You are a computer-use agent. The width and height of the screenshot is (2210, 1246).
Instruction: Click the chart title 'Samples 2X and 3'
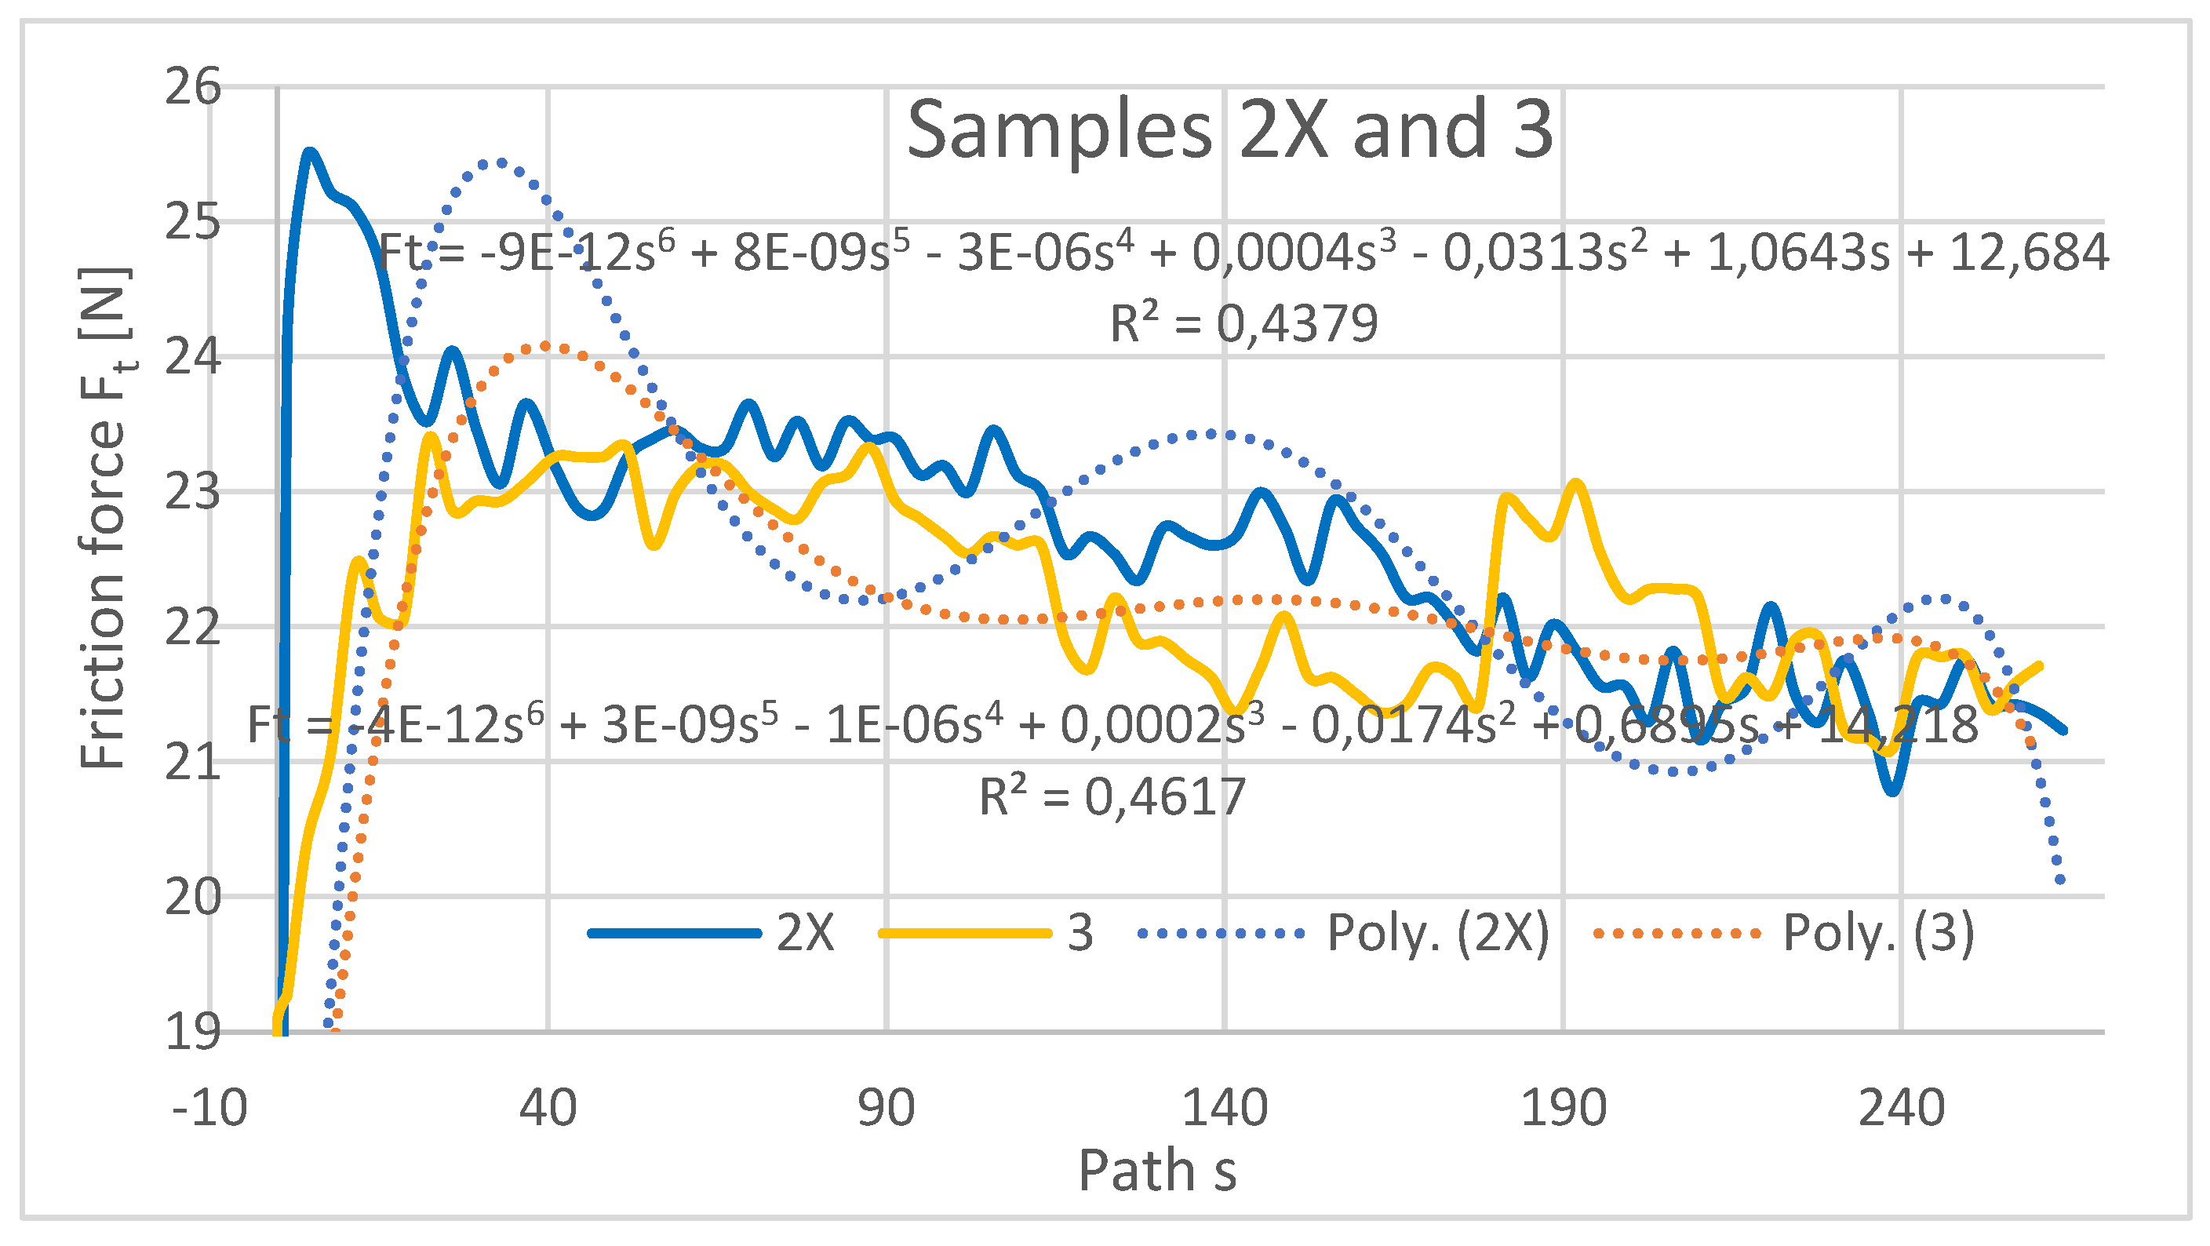click(x=1229, y=130)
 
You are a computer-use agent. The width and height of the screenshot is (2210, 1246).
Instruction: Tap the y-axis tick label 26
click(x=192, y=88)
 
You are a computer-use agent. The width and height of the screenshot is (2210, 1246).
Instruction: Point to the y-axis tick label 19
click(x=192, y=1032)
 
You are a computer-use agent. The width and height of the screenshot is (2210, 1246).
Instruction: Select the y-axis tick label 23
click(x=192, y=493)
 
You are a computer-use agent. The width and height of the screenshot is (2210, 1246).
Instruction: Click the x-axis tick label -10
click(x=209, y=1108)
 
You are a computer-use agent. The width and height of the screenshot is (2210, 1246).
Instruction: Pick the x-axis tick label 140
click(x=1225, y=1108)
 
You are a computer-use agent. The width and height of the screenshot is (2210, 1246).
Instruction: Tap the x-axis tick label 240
click(x=1901, y=1108)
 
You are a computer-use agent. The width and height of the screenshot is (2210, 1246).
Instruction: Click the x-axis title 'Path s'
click(x=1156, y=1171)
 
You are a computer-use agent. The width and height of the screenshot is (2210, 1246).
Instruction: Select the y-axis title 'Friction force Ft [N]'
click(x=104, y=517)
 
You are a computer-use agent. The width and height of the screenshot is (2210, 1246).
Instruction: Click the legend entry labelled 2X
click(x=805, y=933)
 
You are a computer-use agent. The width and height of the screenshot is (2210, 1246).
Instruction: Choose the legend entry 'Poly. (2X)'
click(x=1438, y=933)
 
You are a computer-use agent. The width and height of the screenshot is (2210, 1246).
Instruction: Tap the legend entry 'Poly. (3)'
click(x=1878, y=933)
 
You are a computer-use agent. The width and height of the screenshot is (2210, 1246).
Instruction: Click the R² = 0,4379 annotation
click(x=1243, y=323)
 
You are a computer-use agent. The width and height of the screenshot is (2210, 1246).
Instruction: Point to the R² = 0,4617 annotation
click(x=1112, y=796)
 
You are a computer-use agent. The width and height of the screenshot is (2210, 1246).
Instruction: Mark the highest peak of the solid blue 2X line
click(x=310, y=154)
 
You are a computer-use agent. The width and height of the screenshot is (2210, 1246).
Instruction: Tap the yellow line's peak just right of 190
click(x=1577, y=486)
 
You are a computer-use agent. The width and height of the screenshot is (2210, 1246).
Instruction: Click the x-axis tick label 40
click(x=548, y=1108)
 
